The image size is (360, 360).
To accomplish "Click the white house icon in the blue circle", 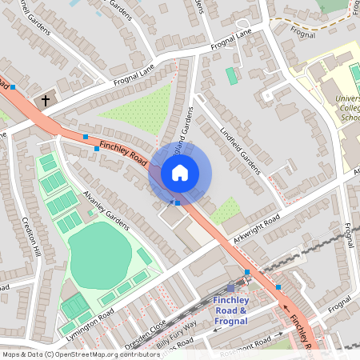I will coord(180,173).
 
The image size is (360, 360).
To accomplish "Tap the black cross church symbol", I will coord(46,102).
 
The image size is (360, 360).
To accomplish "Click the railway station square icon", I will coord(231,288).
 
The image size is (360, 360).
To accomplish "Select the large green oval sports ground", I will coord(100,255).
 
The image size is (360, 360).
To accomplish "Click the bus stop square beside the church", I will coord(14,86).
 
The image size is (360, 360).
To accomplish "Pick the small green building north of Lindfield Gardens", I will coord(231,76).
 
